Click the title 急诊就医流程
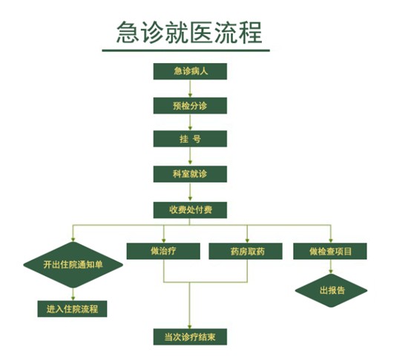click(189, 33)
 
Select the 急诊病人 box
click(190, 71)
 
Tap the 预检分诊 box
click(190, 105)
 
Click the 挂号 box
click(190, 139)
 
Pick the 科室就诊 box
click(190, 174)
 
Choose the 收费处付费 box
click(190, 210)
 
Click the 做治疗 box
click(163, 251)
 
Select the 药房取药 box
click(246, 251)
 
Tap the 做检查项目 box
click(330, 251)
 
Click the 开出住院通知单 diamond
click(73, 265)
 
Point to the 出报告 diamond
click(331, 290)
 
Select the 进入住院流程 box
click(73, 309)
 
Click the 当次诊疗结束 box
click(190, 337)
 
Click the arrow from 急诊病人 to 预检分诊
click(190, 88)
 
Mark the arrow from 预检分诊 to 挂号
click(190, 122)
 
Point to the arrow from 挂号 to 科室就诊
click(190, 157)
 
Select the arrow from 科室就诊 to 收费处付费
click(190, 192)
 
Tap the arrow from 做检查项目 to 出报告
click(331, 266)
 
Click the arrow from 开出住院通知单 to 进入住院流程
click(73, 294)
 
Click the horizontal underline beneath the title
click(186, 50)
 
